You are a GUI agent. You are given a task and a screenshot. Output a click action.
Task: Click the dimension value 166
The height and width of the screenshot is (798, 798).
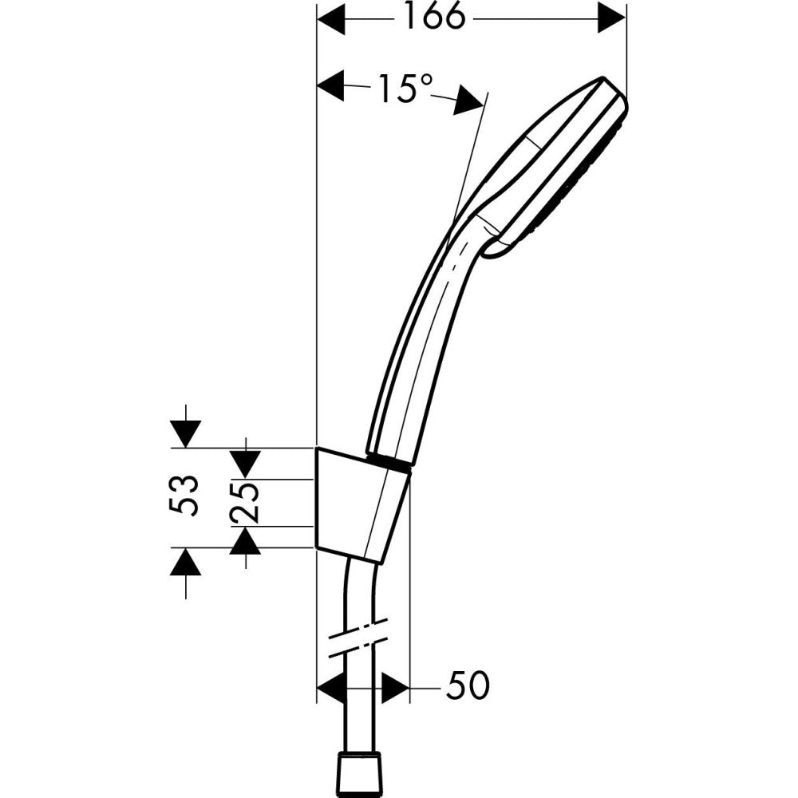[x=433, y=18]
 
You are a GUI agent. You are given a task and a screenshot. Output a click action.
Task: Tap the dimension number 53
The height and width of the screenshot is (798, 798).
[x=184, y=496]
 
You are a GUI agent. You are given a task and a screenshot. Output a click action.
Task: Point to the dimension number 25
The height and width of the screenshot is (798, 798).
[x=246, y=502]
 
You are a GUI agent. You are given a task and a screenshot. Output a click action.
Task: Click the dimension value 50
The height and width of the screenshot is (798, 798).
[x=467, y=686]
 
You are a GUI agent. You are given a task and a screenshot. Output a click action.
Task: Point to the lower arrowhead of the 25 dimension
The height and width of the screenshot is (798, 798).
[x=246, y=542]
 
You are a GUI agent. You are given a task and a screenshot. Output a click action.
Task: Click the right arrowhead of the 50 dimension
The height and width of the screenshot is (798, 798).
[x=395, y=686]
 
